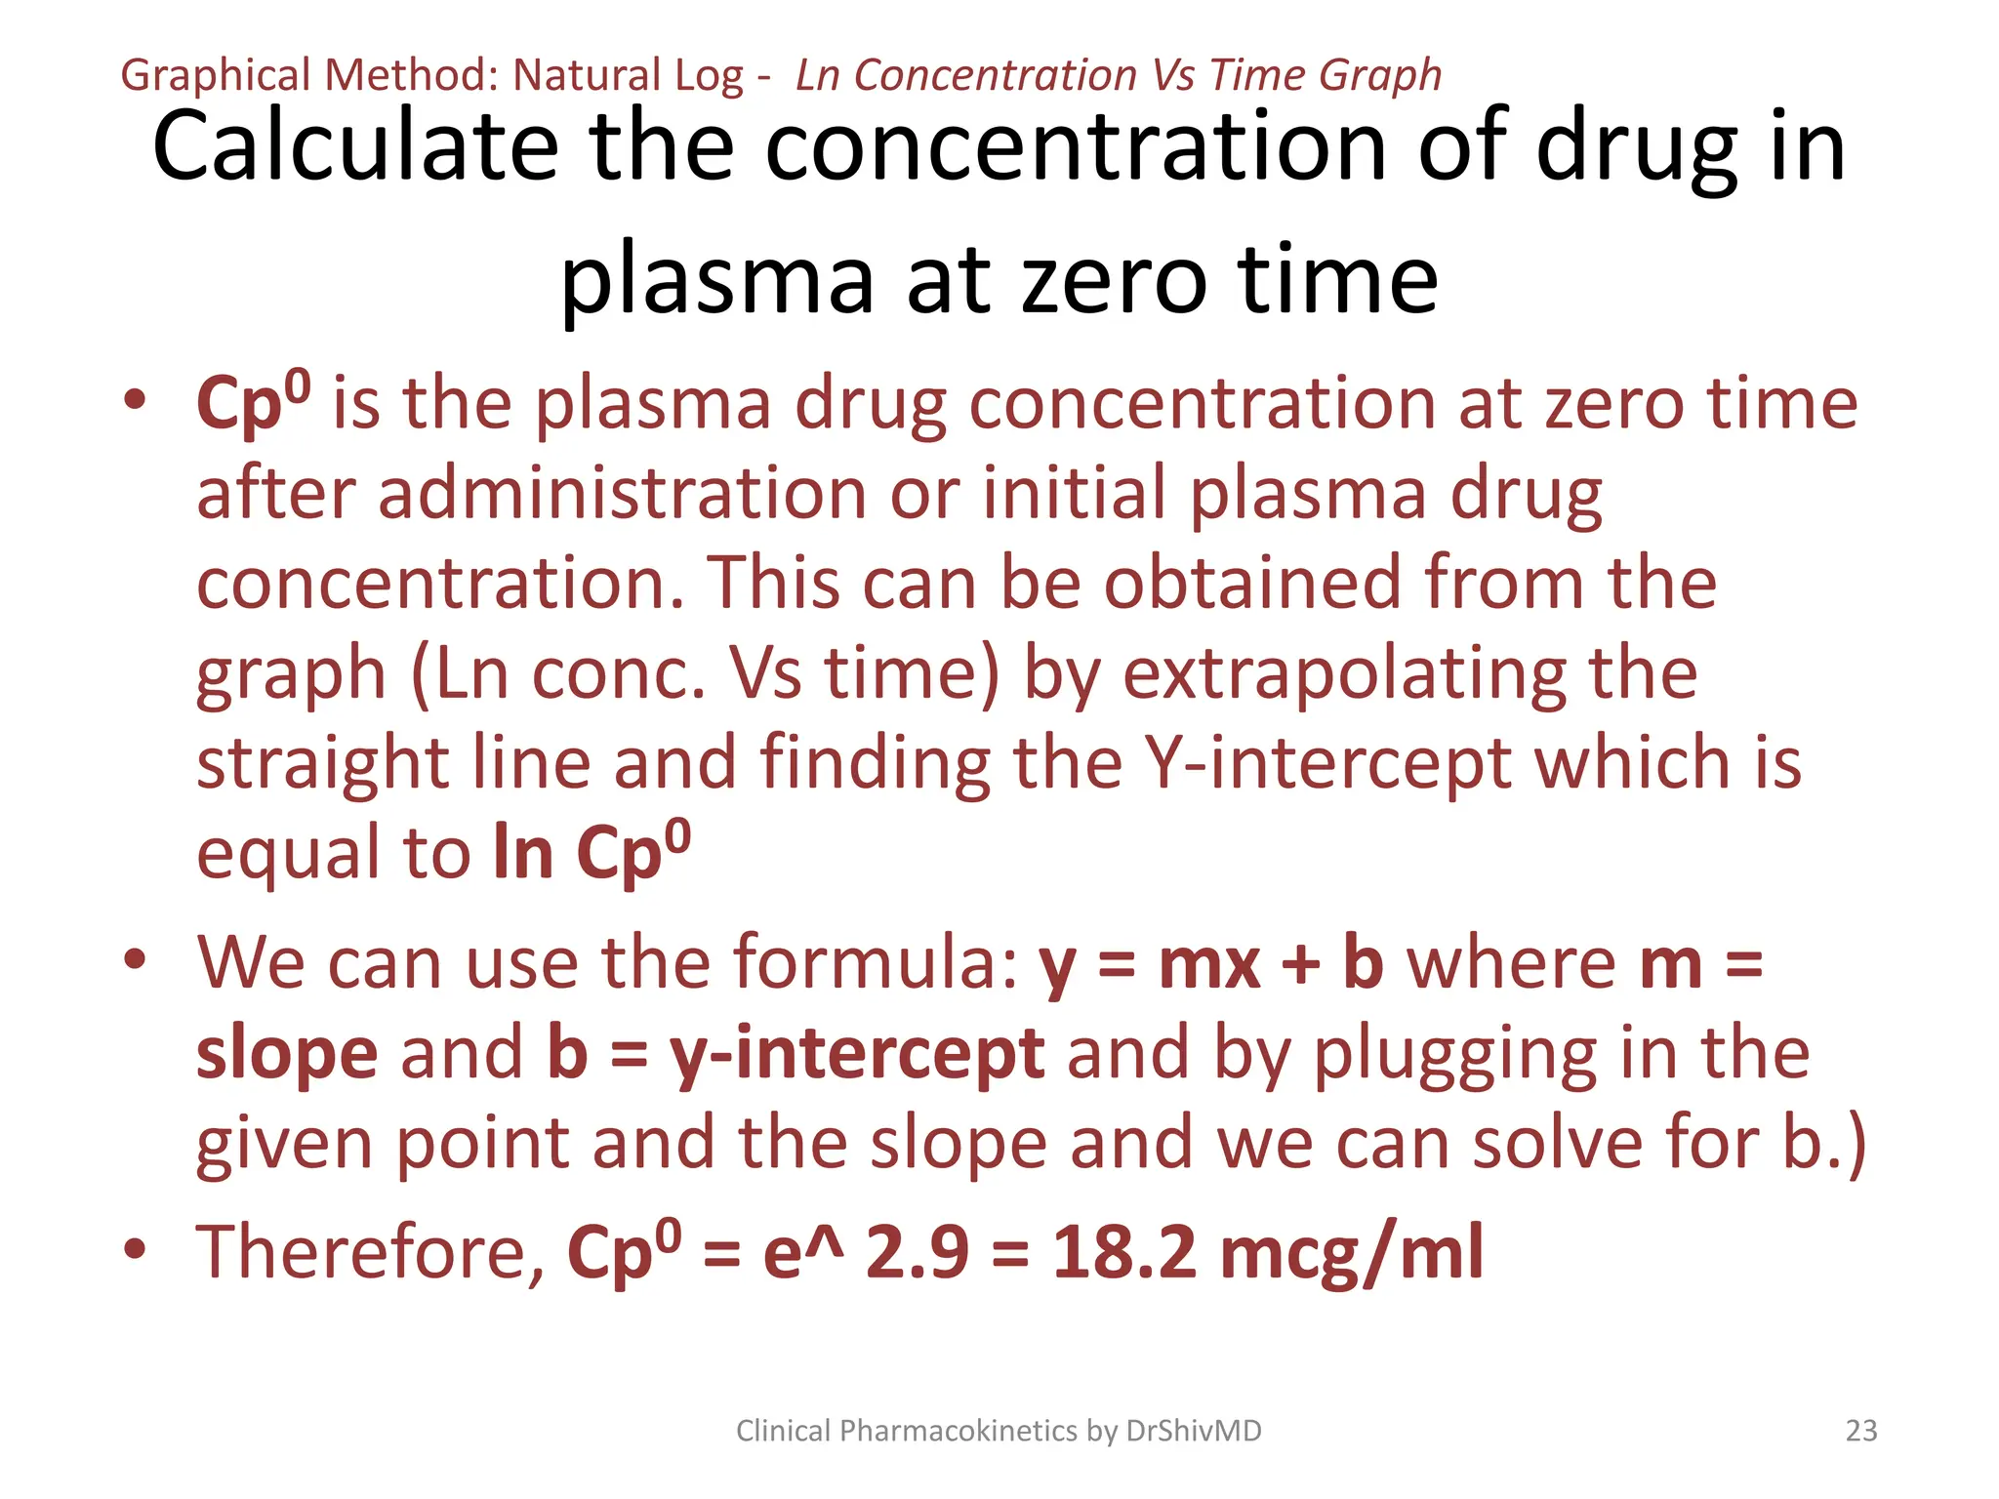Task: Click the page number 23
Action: (x=1861, y=1431)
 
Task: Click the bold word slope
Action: (x=287, y=1054)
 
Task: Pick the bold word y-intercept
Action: (x=857, y=1054)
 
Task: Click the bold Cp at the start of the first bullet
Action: (x=240, y=404)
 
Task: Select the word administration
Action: (x=622, y=494)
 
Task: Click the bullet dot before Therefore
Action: (x=136, y=1248)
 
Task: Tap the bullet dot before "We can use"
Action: (x=136, y=959)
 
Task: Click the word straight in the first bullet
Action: (x=322, y=763)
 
